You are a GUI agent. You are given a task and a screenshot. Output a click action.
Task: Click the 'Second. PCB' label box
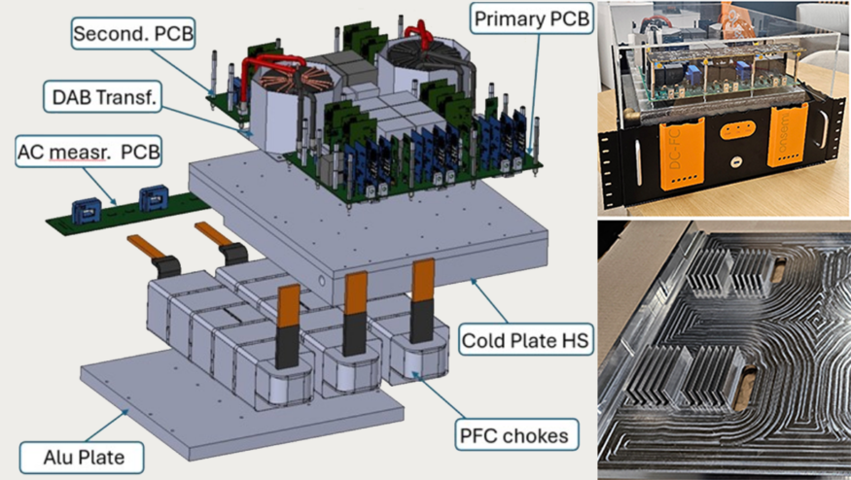coord(133,34)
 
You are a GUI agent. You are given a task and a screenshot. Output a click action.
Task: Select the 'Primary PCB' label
coord(531,18)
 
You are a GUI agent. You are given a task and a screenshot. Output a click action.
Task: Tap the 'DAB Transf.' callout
coord(102,97)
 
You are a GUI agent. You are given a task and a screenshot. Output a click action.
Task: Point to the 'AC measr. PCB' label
coord(89,152)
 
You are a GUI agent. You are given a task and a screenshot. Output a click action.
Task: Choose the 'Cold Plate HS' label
coord(525,340)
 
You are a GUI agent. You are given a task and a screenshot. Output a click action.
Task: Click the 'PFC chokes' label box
coord(514,435)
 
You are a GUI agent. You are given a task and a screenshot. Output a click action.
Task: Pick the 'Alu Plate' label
coord(83,458)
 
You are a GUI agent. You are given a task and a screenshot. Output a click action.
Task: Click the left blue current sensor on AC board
coord(87,211)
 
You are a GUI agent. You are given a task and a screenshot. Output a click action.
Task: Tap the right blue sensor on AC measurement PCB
coord(154,199)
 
